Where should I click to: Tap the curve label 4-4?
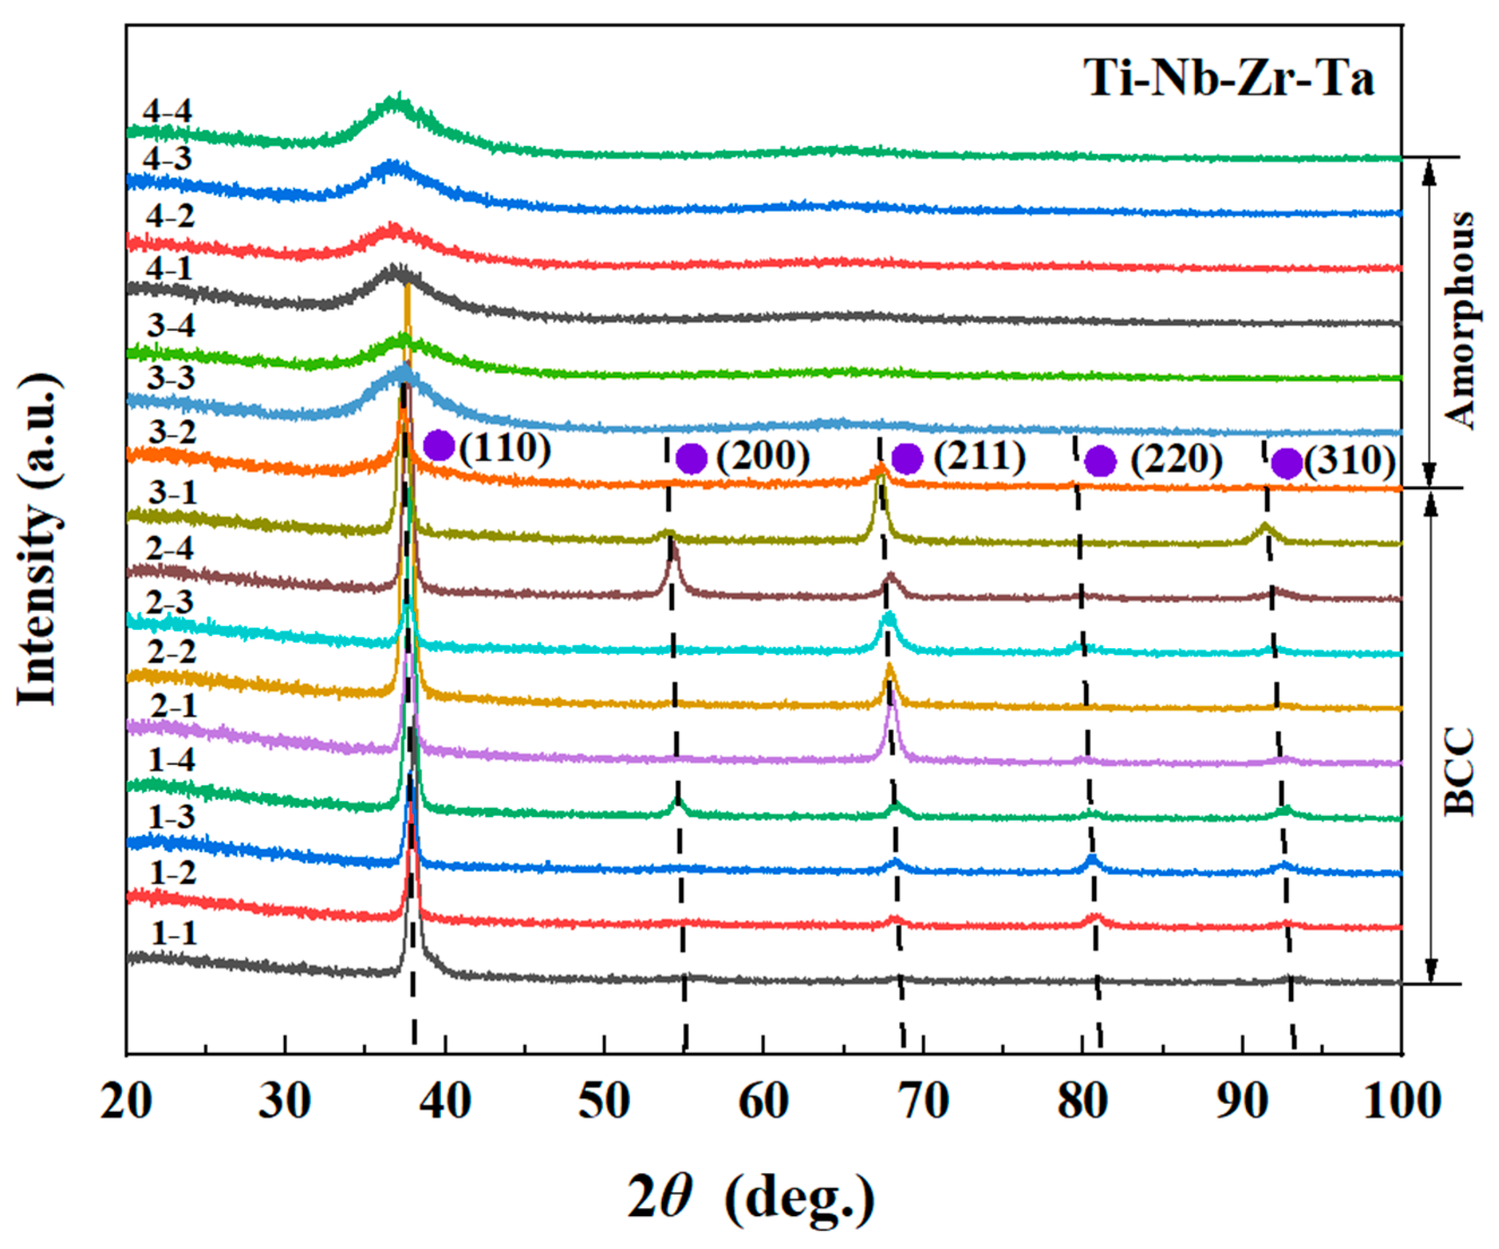coord(167,111)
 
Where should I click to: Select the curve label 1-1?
coord(174,933)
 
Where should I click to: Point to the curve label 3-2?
coord(172,431)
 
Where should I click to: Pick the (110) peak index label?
coord(505,448)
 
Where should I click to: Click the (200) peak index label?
coord(762,457)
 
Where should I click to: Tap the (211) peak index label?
coord(980,457)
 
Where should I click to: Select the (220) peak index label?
coord(1176,459)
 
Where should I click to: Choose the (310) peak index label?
coord(1349,462)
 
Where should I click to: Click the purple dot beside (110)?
coord(439,446)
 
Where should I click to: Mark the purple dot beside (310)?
coord(1287,464)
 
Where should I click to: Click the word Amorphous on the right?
coord(1458,319)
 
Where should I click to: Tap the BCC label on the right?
coord(1458,771)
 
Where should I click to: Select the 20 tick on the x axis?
coord(126,1101)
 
